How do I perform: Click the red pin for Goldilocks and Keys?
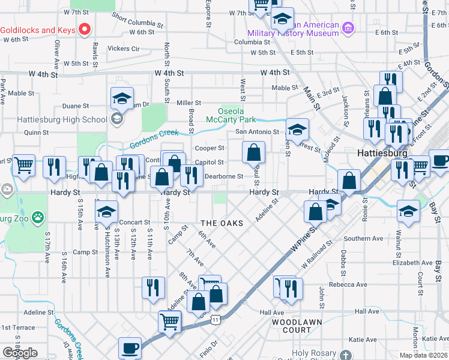tap(85, 29)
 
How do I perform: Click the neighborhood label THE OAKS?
tap(221, 223)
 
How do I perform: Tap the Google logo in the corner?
tap(19, 353)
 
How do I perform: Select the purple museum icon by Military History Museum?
tap(348, 28)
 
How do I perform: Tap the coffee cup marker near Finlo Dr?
tap(130, 347)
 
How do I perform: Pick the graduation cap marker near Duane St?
tap(122, 97)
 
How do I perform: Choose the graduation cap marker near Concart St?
tap(106, 212)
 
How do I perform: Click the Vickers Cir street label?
tap(123, 48)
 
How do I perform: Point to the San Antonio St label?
tap(257, 131)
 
